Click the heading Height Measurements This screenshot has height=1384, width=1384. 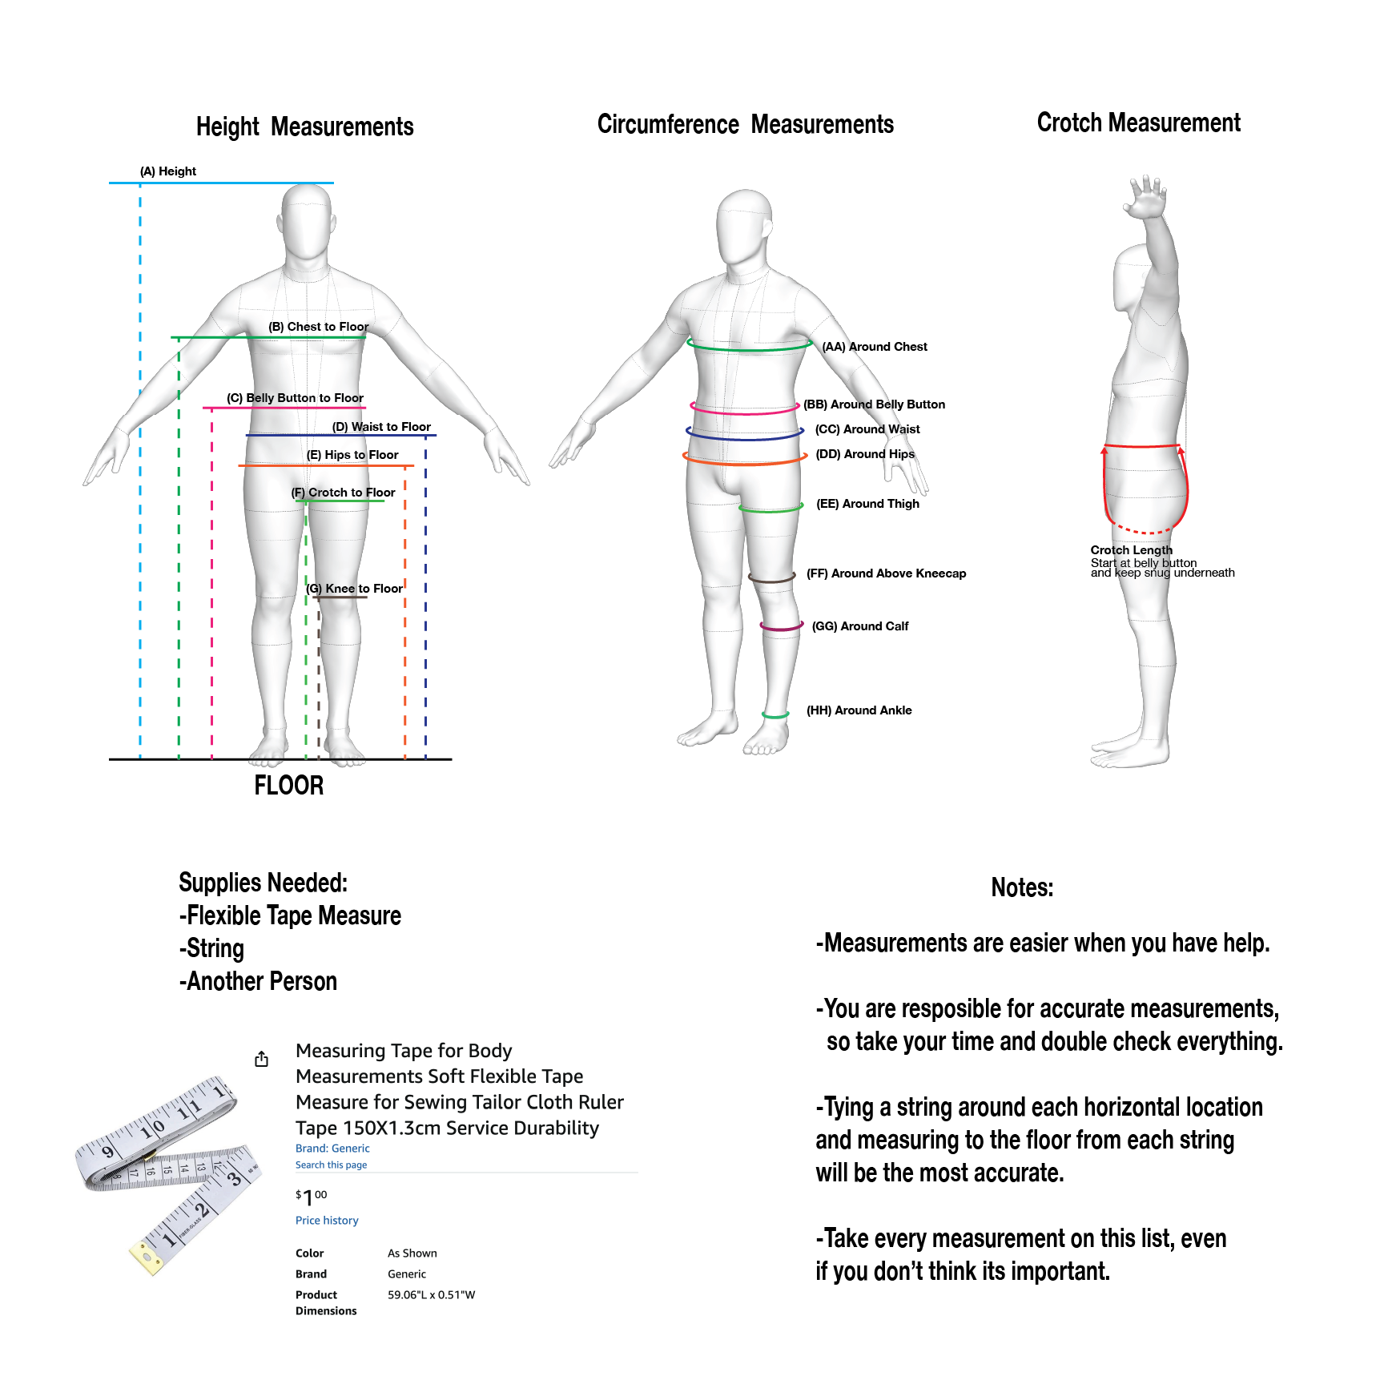304,127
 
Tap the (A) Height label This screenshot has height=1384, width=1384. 167,171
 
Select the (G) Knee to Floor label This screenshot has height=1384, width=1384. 354,589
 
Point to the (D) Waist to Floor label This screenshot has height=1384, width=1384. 381,427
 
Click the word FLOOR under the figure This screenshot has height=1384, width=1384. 288,786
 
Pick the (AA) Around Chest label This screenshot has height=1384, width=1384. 874,347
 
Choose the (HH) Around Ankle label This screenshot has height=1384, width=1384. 859,710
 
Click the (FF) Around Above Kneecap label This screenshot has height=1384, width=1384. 886,573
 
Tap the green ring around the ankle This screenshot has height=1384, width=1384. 775,714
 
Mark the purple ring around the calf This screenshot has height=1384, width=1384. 781,627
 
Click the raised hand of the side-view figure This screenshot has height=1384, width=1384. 1147,197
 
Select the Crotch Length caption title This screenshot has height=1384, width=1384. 1131,550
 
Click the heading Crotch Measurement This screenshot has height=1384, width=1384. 1138,123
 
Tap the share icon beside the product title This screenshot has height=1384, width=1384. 261,1059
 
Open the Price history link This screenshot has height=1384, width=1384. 327,1221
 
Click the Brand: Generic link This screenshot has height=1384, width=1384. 332,1149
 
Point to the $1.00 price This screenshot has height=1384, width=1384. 311,1197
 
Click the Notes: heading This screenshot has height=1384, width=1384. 1022,887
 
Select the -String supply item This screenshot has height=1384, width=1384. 212,948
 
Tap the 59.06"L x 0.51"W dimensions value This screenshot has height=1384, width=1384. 431,1295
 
